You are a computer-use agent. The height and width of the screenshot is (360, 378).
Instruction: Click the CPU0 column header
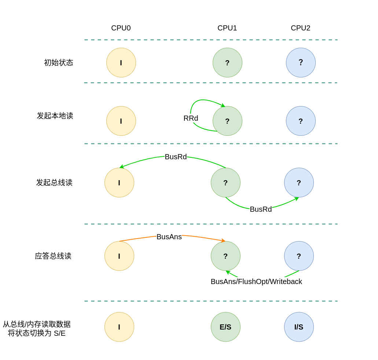tap(121, 28)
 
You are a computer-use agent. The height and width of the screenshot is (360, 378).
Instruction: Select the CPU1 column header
tap(227, 28)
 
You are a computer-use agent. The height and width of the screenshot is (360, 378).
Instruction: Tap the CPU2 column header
tap(301, 28)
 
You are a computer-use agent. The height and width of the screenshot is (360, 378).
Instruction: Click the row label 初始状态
tap(59, 62)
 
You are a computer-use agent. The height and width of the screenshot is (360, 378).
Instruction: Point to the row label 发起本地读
tap(55, 116)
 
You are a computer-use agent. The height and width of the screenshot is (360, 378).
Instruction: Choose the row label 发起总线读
tap(54, 182)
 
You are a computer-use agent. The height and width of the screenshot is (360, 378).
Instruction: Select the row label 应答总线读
tap(53, 256)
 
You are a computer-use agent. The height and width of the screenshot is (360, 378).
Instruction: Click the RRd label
tap(191, 118)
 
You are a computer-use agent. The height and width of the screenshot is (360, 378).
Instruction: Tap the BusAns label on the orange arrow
tap(169, 237)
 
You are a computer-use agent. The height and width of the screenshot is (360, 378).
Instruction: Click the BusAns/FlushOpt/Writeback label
tap(256, 281)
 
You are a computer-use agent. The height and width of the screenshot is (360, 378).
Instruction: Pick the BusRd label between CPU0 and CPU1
tap(176, 157)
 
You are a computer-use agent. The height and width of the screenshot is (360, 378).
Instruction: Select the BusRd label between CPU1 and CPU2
tap(261, 209)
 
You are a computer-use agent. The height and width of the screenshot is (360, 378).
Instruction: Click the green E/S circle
tap(225, 327)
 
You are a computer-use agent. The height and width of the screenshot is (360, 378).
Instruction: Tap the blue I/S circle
tap(299, 327)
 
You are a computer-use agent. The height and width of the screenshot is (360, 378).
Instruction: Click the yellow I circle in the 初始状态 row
tap(121, 62)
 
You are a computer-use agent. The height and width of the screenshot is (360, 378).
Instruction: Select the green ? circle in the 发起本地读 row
tap(227, 121)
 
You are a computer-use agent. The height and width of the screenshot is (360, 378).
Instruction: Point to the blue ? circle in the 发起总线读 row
tap(299, 182)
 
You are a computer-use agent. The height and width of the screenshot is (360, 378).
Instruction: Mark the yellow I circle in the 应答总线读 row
tap(119, 256)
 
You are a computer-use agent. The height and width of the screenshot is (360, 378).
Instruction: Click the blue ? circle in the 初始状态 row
tap(301, 62)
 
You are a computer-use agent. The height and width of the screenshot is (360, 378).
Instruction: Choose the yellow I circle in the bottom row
tap(119, 327)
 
